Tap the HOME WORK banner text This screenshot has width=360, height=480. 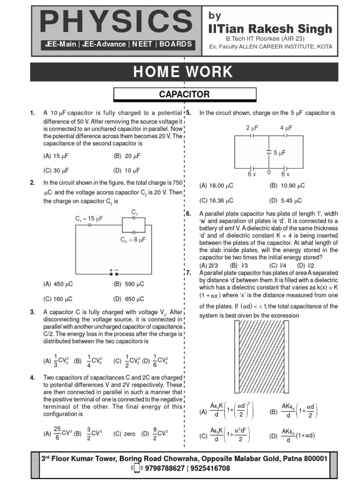(x=183, y=72)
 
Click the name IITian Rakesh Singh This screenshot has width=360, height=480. (x=270, y=29)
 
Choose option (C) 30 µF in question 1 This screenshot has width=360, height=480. (x=59, y=170)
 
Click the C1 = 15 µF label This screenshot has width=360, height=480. (x=89, y=218)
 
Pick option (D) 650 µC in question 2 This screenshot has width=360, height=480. (x=128, y=299)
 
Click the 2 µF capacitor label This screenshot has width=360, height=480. (x=252, y=127)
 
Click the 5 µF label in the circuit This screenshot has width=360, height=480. (x=279, y=152)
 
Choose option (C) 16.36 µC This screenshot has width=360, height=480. (x=216, y=200)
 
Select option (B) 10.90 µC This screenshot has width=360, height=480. (x=287, y=186)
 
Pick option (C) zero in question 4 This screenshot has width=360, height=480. (x=124, y=434)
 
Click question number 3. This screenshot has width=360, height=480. (x=32, y=312)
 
